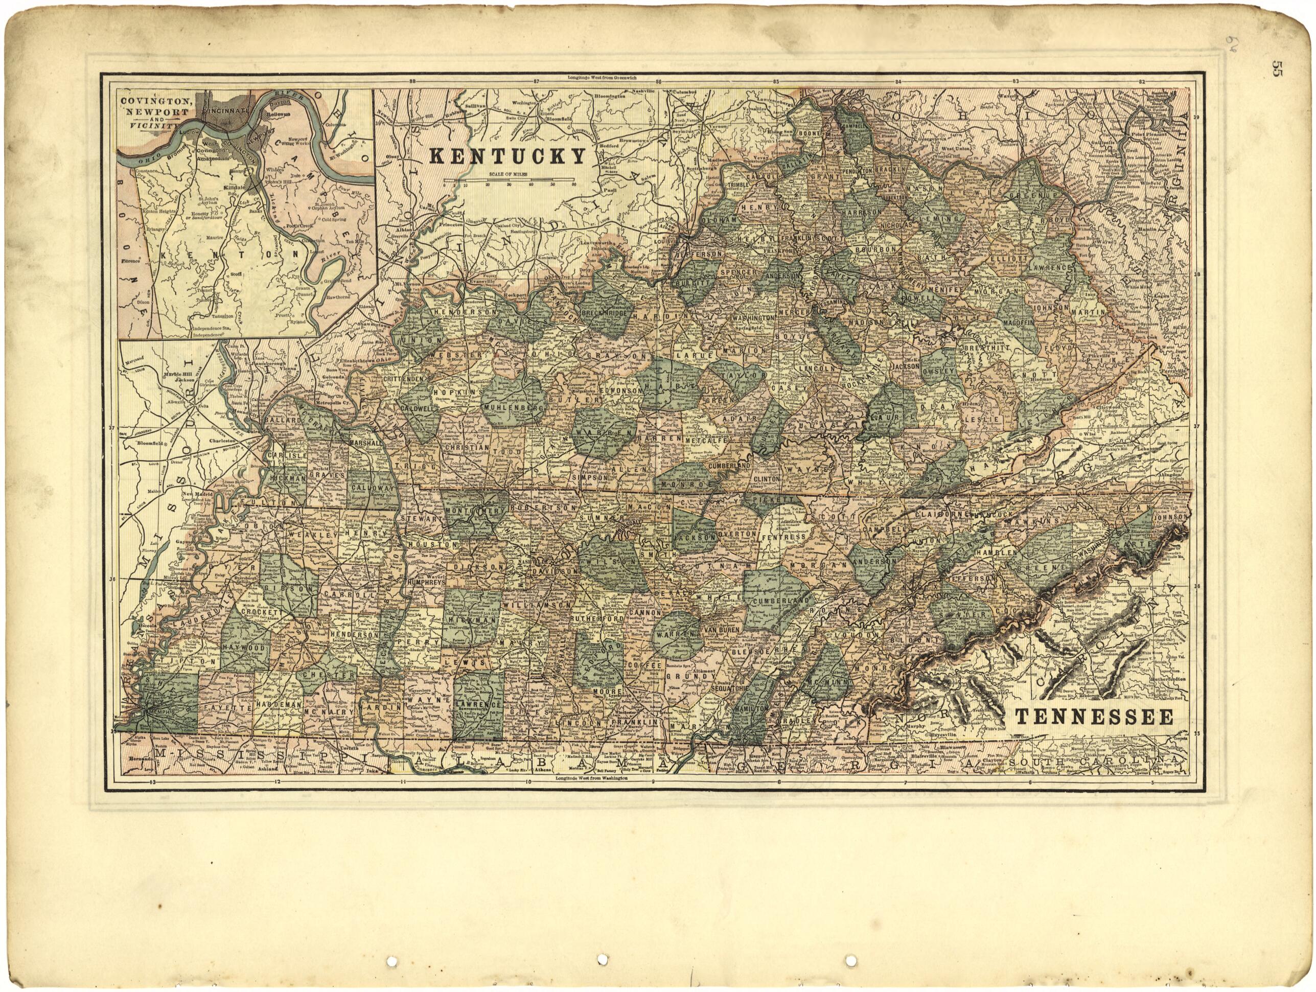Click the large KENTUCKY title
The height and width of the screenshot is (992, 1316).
point(507,156)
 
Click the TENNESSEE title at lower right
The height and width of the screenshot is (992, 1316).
point(1094,717)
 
